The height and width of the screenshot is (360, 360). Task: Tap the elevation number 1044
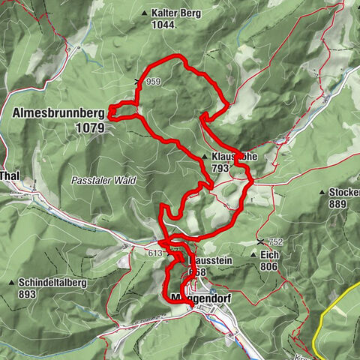click(163, 25)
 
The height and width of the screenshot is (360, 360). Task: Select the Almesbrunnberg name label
click(58, 112)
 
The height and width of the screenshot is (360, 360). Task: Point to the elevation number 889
click(338, 204)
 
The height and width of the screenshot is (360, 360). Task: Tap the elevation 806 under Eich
click(269, 266)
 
